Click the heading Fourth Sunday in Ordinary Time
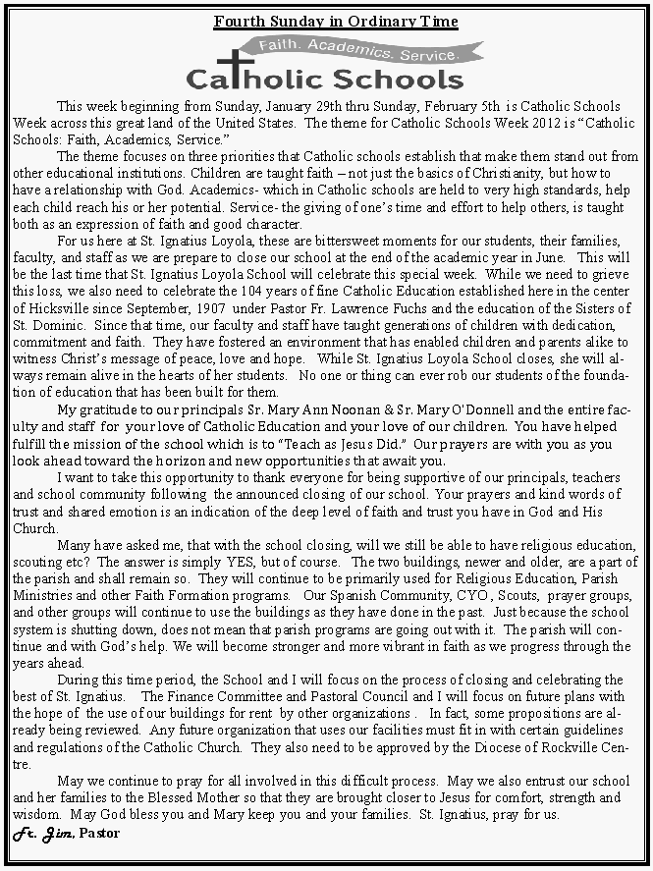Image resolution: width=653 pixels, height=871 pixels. (x=336, y=22)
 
